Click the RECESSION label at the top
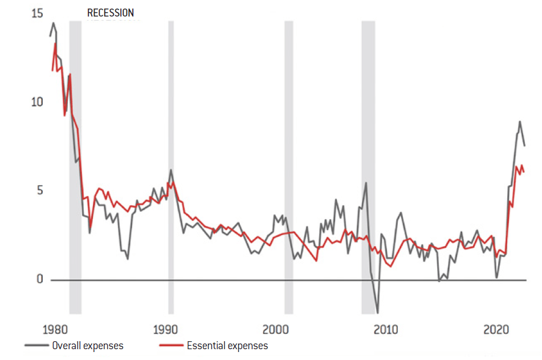coord(111,13)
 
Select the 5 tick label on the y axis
coord(39,190)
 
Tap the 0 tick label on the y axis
coord(39,279)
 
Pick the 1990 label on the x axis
coord(166,330)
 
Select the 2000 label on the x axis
coord(276,330)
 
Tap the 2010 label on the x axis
coord(386,330)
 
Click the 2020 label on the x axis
coord(495,330)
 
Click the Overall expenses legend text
coord(87,345)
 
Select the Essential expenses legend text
coord(227,345)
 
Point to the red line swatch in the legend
coord(170,345)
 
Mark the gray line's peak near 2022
coord(519,121)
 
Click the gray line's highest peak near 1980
coord(54,23)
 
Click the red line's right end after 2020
coord(524,171)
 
